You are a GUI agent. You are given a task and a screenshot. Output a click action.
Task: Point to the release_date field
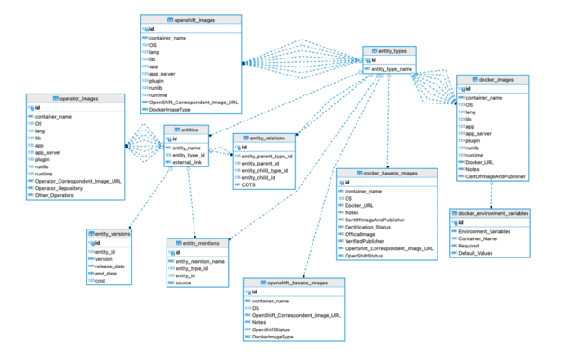point(111,266)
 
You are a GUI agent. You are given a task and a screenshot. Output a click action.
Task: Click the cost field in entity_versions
point(101,282)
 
